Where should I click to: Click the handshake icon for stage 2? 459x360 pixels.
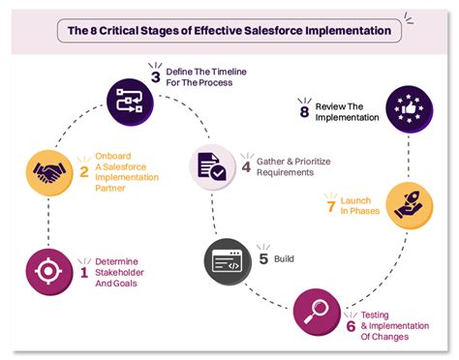(x=49, y=171)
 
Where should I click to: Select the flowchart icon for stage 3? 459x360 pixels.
(x=130, y=97)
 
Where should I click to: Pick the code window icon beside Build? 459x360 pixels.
(x=229, y=259)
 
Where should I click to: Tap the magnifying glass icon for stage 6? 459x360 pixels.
(x=315, y=313)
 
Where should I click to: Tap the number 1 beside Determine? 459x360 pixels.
(x=84, y=272)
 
